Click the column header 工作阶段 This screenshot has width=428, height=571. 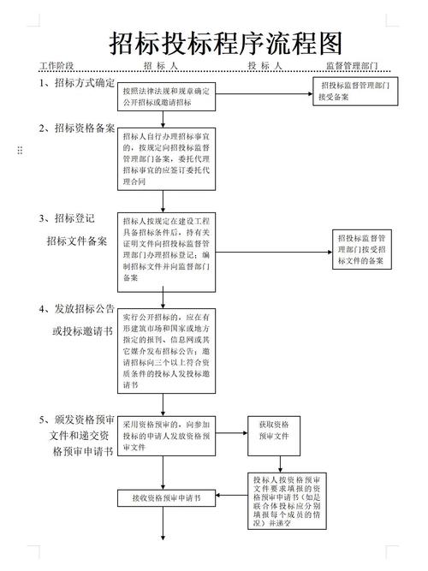(x=56, y=66)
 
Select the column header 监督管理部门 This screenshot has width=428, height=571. (x=352, y=66)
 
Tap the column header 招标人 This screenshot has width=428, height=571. (x=160, y=66)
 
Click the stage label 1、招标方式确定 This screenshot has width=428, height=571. (x=76, y=83)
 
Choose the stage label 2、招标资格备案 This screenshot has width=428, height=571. (x=76, y=128)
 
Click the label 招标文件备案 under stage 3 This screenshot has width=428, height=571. (x=77, y=241)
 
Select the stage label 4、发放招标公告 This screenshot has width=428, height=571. (x=76, y=308)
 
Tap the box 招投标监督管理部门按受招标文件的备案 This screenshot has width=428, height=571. (x=365, y=249)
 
